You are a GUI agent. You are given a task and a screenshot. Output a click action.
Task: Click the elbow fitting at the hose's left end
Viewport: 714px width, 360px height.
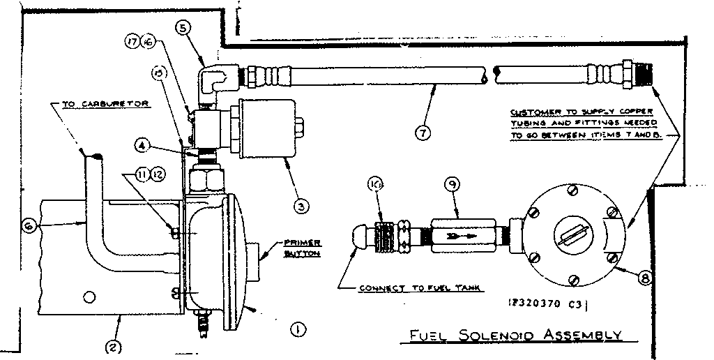click(213, 78)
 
